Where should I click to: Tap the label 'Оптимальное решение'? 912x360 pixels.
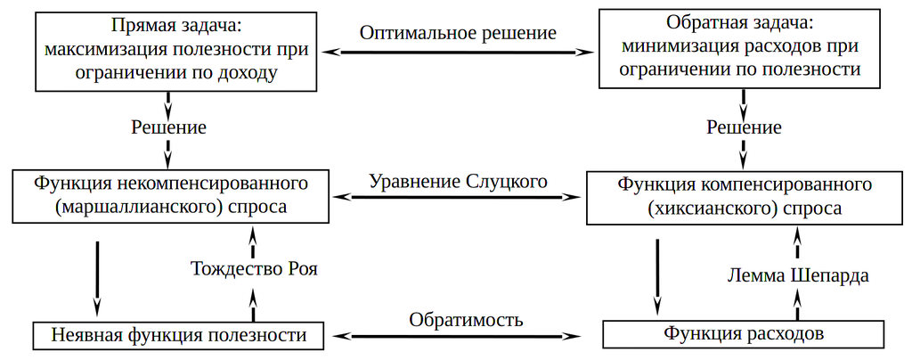pos(458,33)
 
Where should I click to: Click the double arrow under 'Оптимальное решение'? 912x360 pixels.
pos(460,53)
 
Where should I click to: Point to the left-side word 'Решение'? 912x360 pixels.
pos(168,127)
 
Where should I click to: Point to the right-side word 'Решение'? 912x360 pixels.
pos(744,127)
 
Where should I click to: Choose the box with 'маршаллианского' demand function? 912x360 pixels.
pos(170,196)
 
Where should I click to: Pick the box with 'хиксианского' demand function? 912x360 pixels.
pos(744,197)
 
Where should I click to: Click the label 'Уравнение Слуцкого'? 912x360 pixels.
pos(458,181)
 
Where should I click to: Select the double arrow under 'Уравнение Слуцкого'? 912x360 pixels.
pos(459,197)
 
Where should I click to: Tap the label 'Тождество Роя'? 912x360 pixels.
pos(254,268)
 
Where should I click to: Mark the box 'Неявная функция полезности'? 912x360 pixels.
pos(173,336)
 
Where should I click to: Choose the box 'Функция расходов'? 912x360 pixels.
pos(744,334)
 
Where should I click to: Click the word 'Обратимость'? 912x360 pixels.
pos(466,319)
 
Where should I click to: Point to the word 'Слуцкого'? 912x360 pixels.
pos(506,181)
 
